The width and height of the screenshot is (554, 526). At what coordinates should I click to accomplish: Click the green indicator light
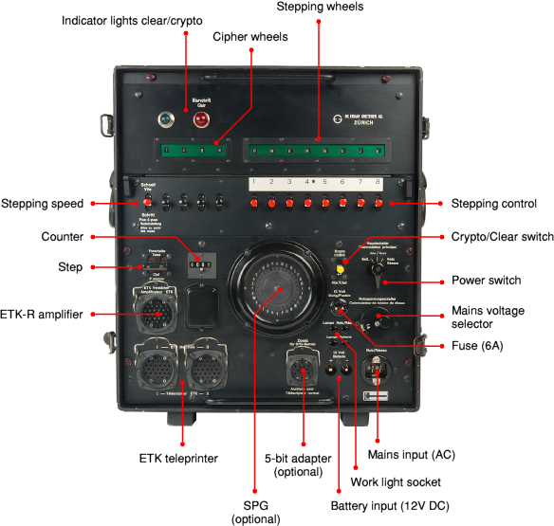click(167, 120)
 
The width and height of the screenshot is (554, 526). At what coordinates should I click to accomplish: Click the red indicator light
click(201, 120)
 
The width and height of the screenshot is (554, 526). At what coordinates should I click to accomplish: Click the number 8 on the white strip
click(378, 182)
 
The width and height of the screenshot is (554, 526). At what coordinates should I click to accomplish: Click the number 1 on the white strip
click(253, 182)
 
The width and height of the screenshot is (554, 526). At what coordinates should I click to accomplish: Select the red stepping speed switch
click(147, 202)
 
